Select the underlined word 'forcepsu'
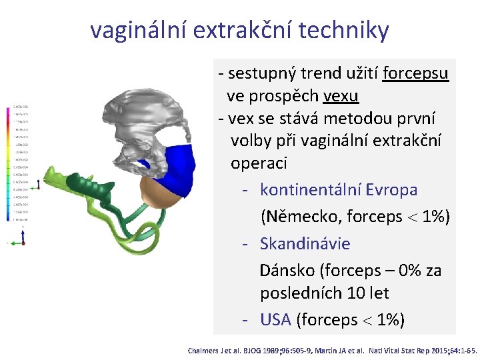pyautogui.click(x=416, y=72)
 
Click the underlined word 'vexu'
pyautogui.click(x=341, y=97)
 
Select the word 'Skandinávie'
pyautogui.click(x=305, y=243)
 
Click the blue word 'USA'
pyautogui.click(x=275, y=320)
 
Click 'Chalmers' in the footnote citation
pyautogui.click(x=205, y=350)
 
